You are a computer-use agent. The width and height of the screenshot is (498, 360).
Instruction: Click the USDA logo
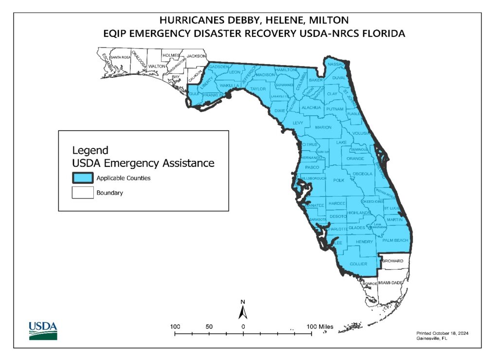pos(43,330)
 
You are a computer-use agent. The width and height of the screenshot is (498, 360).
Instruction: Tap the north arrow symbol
pos(243,310)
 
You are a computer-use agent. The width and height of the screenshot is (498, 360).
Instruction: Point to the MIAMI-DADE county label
pos(393,283)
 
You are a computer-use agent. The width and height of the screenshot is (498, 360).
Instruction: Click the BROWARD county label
pos(392,261)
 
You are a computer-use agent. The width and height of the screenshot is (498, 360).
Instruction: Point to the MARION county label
pos(323,127)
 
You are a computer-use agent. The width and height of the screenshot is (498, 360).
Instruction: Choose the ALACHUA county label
pos(311,108)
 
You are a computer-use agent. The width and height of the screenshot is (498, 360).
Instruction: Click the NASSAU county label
pos(336,64)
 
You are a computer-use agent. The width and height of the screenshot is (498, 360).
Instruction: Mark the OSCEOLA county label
pos(362,174)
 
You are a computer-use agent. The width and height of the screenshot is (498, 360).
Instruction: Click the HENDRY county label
pos(364,242)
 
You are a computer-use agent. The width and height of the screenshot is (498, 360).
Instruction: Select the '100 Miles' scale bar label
pos(319,326)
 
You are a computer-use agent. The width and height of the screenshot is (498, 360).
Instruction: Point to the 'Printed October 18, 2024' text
pos(442,333)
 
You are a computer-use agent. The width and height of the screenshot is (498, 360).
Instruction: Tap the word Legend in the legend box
pos(90,150)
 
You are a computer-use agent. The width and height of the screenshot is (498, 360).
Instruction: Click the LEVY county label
pos(298,124)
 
